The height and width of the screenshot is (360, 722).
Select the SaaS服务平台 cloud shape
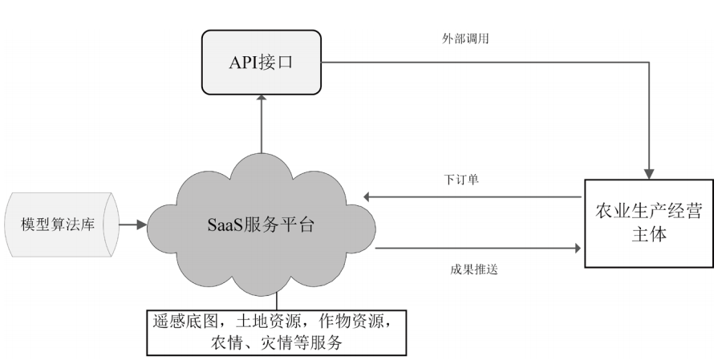tap(261, 224)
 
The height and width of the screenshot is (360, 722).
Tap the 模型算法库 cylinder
tap(60, 224)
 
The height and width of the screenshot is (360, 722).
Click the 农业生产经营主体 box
tap(648, 224)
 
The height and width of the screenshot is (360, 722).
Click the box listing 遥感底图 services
tap(275, 332)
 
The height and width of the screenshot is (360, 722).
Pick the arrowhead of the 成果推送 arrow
tap(578, 249)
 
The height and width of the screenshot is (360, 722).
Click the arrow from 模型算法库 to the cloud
tap(133, 224)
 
